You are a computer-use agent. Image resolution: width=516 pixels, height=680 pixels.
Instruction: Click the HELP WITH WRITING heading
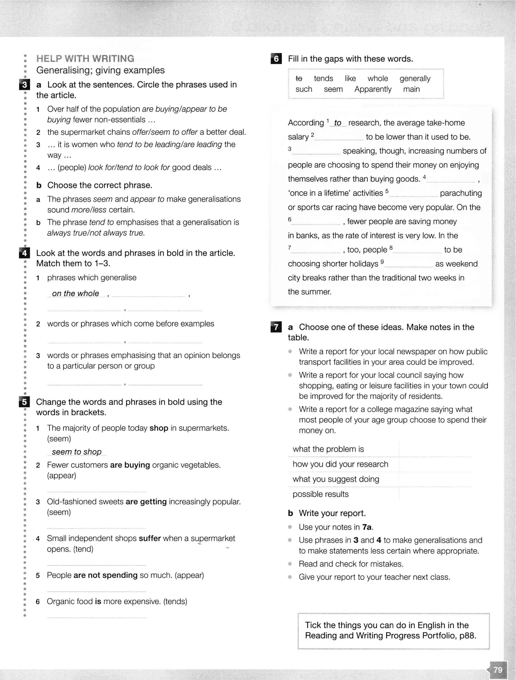(x=85, y=59)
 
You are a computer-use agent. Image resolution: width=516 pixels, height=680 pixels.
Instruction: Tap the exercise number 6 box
(x=276, y=59)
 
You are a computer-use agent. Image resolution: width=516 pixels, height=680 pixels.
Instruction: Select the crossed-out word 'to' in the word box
(x=299, y=78)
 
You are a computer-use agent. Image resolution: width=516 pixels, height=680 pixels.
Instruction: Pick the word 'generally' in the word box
(x=415, y=78)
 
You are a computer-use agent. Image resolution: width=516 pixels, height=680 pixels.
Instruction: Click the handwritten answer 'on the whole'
(x=76, y=293)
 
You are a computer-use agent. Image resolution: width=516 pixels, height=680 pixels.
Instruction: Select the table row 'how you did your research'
(x=340, y=464)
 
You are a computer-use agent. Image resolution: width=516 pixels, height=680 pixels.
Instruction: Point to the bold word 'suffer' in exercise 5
(x=150, y=538)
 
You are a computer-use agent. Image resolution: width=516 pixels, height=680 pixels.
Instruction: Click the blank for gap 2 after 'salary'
(x=339, y=137)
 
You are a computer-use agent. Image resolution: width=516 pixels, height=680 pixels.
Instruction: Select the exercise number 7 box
(x=276, y=327)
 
